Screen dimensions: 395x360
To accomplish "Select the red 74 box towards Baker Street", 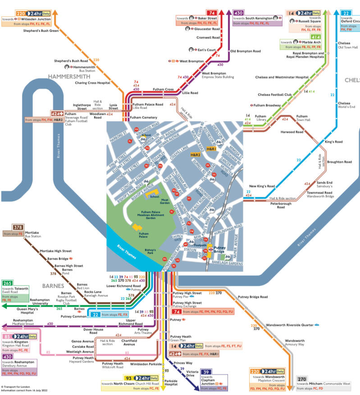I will (x=211, y=13).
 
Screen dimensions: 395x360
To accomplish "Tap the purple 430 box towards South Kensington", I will (x=239, y=13).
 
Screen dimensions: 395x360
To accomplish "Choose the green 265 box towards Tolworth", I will (x=8, y=283).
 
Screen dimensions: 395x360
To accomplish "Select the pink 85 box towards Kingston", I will (x=7, y=336).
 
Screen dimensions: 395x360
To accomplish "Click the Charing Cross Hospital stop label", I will (x=92, y=83).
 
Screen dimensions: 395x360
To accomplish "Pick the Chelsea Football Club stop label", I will (x=274, y=95).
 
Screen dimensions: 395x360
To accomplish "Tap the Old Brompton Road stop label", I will (x=246, y=51).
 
